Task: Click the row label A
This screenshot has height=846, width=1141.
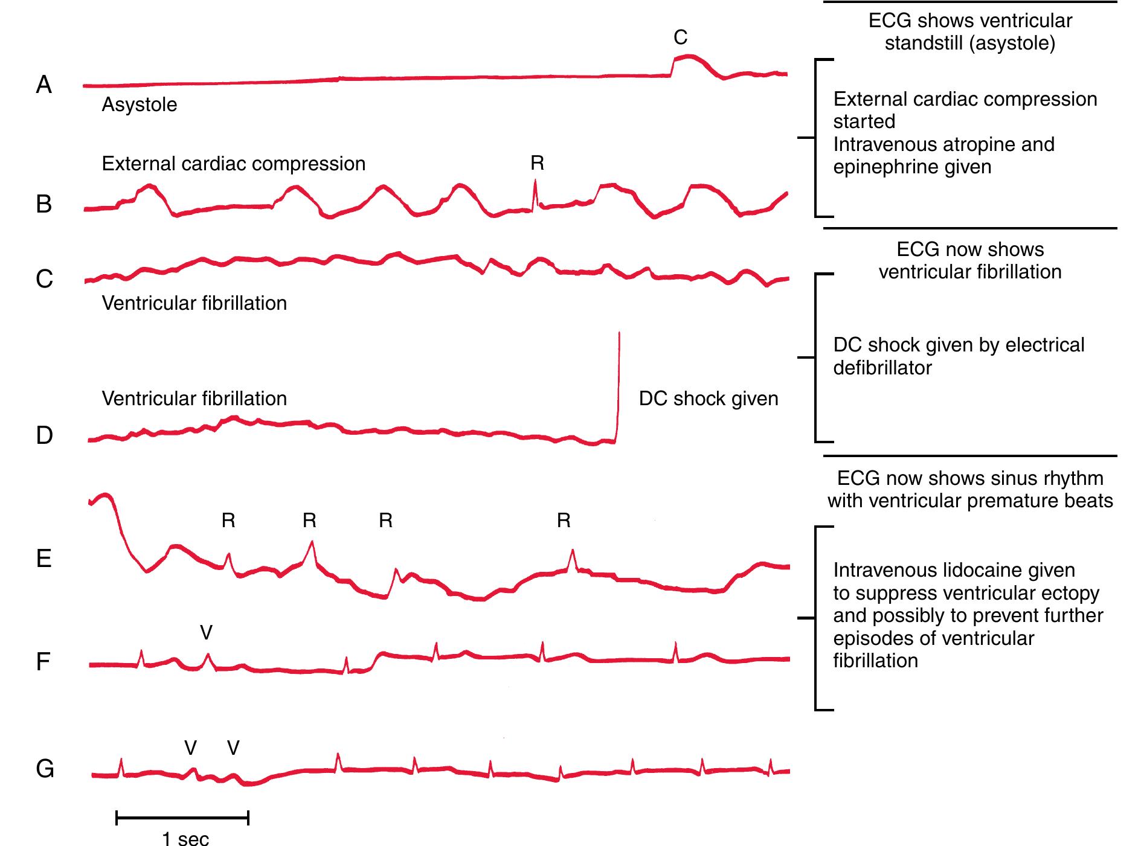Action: [43, 85]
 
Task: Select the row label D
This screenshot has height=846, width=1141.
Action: [44, 435]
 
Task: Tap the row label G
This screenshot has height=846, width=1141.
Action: [45, 769]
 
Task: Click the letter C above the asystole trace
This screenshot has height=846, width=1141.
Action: [680, 37]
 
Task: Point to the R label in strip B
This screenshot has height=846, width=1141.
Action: [537, 163]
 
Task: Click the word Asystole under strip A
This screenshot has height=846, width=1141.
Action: [139, 104]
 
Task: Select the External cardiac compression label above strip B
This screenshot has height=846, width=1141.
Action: [233, 164]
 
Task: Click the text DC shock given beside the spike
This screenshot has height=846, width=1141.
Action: [708, 399]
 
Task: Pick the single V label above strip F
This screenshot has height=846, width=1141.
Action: [206, 632]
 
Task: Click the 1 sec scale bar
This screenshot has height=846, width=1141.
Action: [182, 819]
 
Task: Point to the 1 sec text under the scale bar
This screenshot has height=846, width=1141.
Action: [185, 838]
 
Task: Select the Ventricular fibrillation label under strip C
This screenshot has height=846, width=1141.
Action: [194, 303]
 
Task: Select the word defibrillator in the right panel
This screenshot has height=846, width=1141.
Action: [882, 368]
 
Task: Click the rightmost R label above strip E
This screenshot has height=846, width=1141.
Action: [564, 521]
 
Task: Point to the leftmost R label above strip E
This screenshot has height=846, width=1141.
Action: [228, 521]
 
